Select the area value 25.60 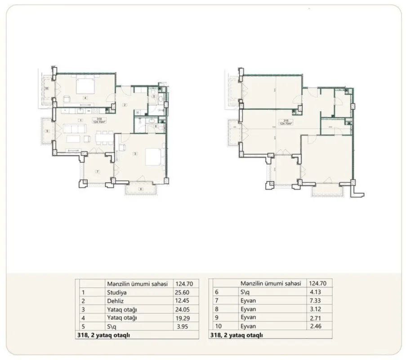[181, 292]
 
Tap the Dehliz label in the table [115, 300]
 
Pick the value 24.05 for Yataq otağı [181, 309]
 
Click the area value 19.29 [181, 317]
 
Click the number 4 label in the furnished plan [84, 97]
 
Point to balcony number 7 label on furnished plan [98, 171]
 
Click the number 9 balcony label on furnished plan [47, 131]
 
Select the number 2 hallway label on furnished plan [125, 105]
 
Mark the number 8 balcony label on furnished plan [140, 189]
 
